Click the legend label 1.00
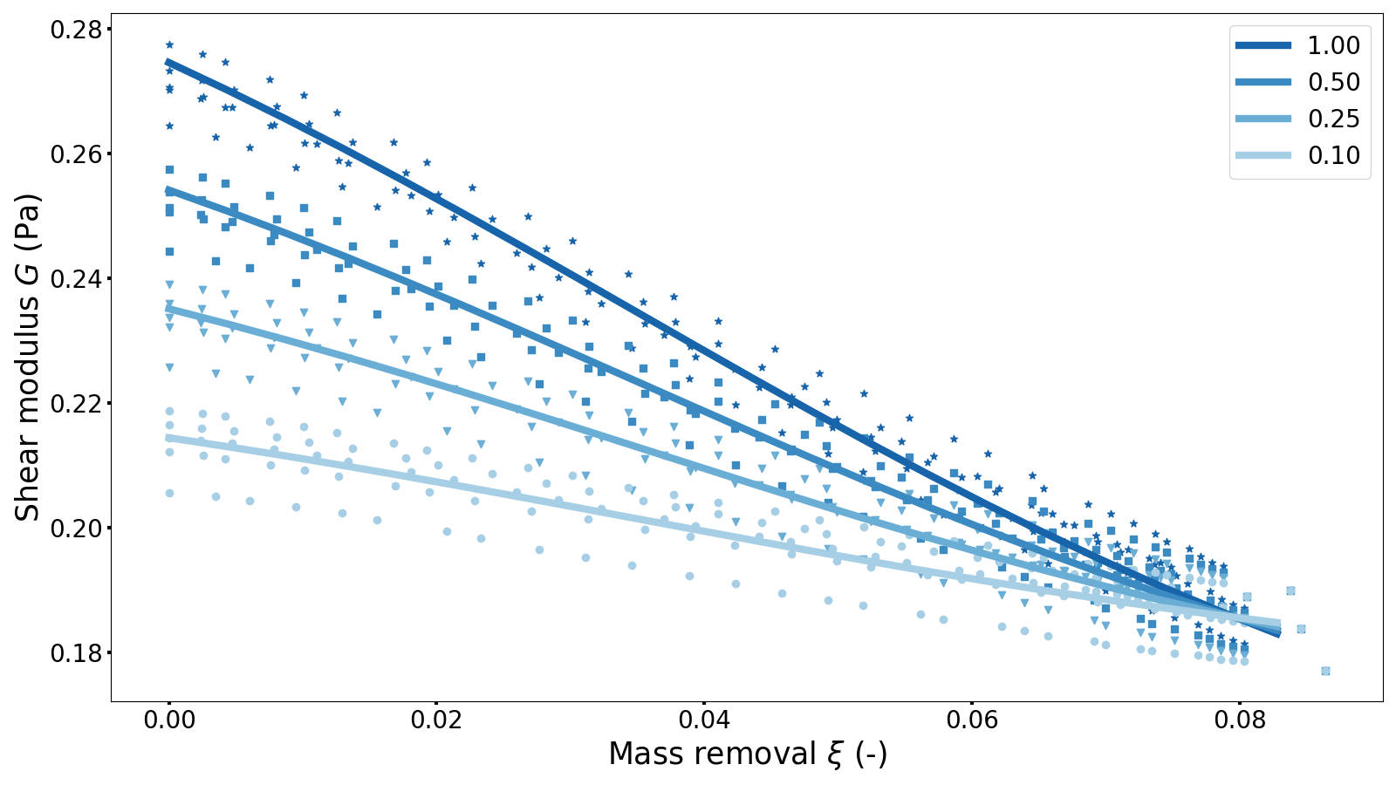[1333, 45]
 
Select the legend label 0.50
[1333, 82]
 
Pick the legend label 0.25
[1333, 119]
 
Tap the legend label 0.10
[1333, 155]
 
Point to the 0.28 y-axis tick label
[75, 30]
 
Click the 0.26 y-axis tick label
[75, 154]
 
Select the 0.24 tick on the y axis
[75, 279]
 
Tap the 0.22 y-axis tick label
[75, 404]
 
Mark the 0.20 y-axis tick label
[75, 529]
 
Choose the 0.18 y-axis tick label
[75, 653]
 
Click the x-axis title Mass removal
[747, 754]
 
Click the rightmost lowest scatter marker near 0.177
[1325, 671]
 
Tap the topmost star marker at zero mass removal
[169, 44]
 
